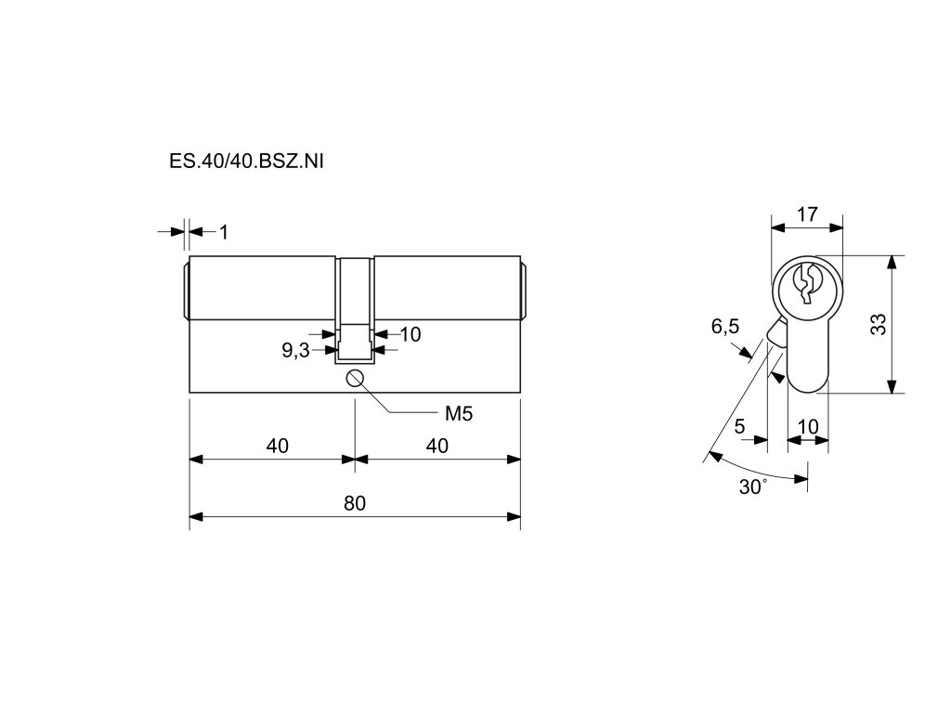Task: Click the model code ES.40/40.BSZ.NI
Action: pos(246,161)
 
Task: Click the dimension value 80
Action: pos(354,503)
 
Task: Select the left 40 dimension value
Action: pos(277,446)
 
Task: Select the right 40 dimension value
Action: pos(436,446)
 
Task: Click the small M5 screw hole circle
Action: pos(354,377)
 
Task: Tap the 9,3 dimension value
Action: pos(295,350)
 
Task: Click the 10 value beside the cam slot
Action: pos(410,334)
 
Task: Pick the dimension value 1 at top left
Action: pos(224,231)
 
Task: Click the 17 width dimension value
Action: pos(807,214)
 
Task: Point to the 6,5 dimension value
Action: pos(725,326)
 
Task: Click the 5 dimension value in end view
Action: pos(739,426)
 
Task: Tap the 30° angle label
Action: pos(753,486)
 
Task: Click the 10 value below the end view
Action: pos(808,426)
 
